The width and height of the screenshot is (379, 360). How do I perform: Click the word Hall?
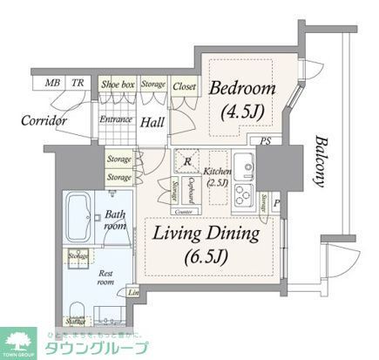[153, 121]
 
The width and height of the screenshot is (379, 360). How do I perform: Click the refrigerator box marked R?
[187, 161]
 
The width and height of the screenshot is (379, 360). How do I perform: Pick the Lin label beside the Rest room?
[133, 293]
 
